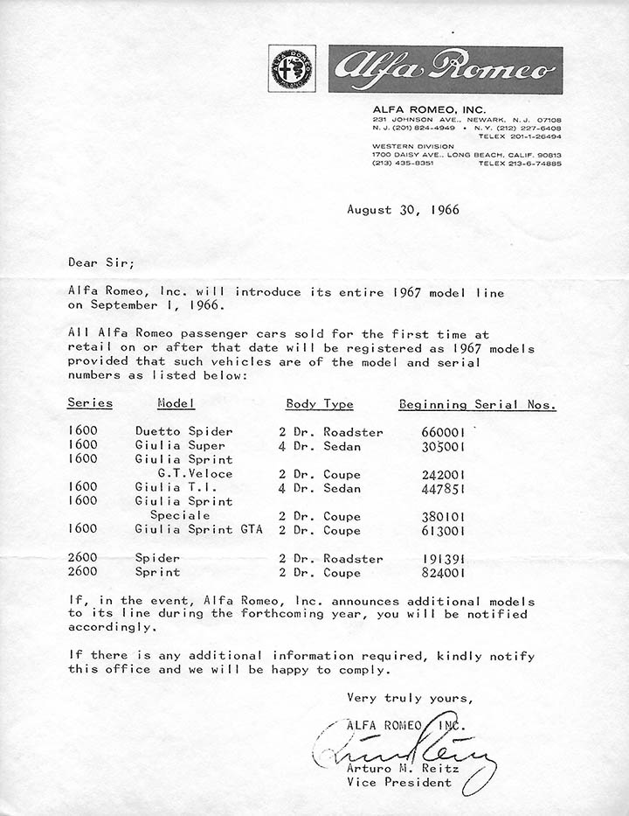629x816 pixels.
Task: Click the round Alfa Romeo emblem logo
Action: (293, 68)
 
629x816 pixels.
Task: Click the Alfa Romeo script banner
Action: (446, 70)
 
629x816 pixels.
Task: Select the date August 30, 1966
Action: (403, 209)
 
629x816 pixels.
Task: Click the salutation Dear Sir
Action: (101, 262)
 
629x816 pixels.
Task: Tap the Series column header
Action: (90, 404)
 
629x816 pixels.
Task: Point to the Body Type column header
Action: (320, 404)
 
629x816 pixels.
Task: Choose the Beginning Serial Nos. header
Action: (477, 404)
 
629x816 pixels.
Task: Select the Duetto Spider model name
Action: (183, 432)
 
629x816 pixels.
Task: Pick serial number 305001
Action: (443, 446)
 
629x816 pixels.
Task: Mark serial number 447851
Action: (443, 488)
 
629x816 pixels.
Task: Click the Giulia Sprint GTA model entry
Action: (198, 530)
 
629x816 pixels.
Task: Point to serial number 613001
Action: (443, 530)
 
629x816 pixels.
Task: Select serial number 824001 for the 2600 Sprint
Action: (443, 573)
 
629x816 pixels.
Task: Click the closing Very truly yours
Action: (410, 698)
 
